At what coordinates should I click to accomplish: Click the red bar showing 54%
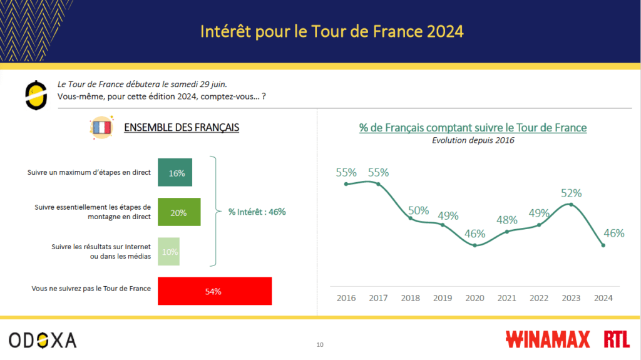215,291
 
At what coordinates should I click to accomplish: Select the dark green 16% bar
175,173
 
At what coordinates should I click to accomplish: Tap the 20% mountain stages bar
179,212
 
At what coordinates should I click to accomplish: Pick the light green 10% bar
168,252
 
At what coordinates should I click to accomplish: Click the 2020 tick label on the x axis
475,298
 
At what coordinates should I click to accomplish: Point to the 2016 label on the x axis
346,298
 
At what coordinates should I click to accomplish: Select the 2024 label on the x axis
603,298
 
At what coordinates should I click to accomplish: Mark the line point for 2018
411,218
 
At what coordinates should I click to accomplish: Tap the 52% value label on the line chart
571,193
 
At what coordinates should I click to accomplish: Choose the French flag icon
101,128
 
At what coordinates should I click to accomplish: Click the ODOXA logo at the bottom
43,340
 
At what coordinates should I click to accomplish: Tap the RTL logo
617,340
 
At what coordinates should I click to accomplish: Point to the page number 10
320,344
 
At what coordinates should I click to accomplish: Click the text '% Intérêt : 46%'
257,212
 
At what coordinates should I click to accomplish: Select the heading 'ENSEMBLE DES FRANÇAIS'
182,128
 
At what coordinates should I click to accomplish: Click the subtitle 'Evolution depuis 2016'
473,140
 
